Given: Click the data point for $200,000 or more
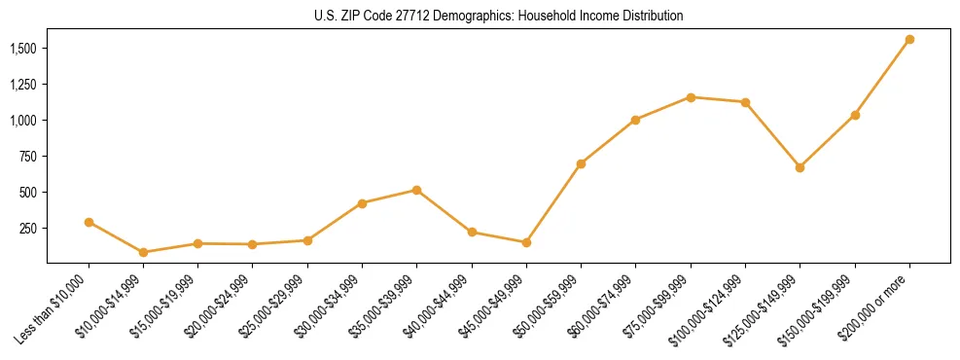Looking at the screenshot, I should tap(909, 40).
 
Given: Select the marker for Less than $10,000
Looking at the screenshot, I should tap(89, 222).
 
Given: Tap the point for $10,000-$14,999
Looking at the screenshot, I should tap(143, 252).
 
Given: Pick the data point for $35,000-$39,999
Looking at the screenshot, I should tap(416, 190).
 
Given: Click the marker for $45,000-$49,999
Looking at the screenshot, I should tap(526, 242).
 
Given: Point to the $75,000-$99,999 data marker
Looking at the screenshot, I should tap(691, 97).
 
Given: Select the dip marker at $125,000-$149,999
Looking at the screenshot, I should tap(800, 167).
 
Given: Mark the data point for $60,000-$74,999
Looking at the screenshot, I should tap(635, 120).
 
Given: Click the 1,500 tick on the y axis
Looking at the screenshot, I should tap(23, 49).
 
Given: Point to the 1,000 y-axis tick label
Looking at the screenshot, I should tap(23, 121).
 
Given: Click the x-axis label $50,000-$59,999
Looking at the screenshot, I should tap(551, 306).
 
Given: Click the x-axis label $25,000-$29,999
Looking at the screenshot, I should tap(277, 306).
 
